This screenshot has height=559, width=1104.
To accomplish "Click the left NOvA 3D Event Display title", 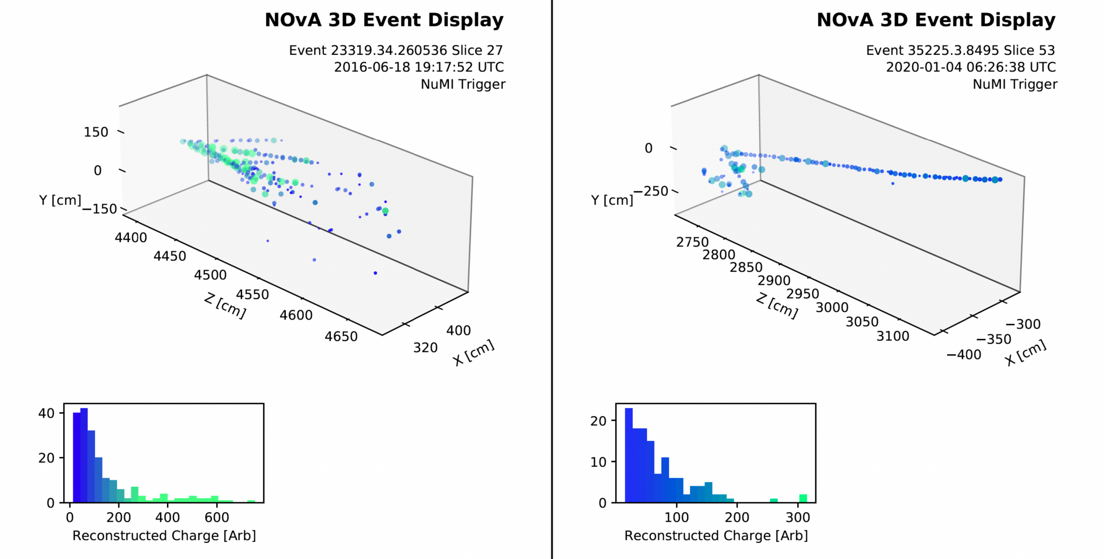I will (x=384, y=20).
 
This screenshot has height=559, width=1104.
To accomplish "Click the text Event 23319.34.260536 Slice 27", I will (x=396, y=50).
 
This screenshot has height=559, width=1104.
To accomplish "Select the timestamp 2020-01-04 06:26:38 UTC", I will (x=970, y=67).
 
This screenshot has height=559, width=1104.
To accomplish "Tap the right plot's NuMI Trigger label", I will (x=1015, y=84).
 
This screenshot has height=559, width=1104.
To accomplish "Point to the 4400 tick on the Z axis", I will (x=131, y=237).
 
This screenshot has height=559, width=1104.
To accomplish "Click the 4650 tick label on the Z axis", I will (x=341, y=336).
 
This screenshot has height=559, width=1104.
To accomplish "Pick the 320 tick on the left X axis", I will (x=425, y=348).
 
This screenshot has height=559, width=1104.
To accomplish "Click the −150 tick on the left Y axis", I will (x=100, y=209).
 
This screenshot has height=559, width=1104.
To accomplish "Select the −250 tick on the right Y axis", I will (x=651, y=191).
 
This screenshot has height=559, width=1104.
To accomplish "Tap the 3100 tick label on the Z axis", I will (x=893, y=336).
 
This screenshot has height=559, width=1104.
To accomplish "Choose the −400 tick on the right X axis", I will (x=964, y=355).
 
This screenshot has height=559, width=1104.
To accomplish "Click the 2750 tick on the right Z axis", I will (x=692, y=242).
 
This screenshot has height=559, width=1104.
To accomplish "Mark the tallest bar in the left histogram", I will (x=84, y=456).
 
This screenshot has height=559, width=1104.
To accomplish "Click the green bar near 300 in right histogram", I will (x=803, y=499).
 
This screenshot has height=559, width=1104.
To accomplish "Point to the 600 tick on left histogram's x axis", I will (x=217, y=517).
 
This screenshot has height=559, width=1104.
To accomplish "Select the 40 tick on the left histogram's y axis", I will (x=47, y=413).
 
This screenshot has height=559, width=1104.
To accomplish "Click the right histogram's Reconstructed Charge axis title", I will (x=716, y=536).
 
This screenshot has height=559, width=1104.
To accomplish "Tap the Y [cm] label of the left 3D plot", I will (x=60, y=201).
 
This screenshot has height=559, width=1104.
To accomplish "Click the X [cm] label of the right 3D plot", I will (x=1025, y=353).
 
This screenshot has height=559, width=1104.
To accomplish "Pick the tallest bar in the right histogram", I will (x=629, y=456).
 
